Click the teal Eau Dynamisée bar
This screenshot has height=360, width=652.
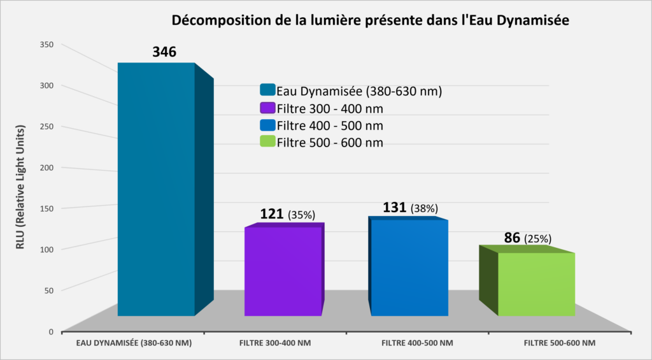click(156, 191)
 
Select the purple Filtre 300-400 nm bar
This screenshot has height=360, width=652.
click(283, 271)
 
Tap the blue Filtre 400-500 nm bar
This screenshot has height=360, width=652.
click(409, 268)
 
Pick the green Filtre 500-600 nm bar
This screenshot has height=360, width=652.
click(536, 284)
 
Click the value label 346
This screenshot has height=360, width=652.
click(164, 52)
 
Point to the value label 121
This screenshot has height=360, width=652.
click(273, 213)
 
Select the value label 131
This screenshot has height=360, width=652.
click(395, 208)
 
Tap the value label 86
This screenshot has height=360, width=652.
click(511, 238)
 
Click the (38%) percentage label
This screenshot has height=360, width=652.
click(425, 208)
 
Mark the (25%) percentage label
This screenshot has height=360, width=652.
click(537, 239)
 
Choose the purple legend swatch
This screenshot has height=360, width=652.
click(267, 108)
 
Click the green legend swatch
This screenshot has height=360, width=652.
click(267, 141)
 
